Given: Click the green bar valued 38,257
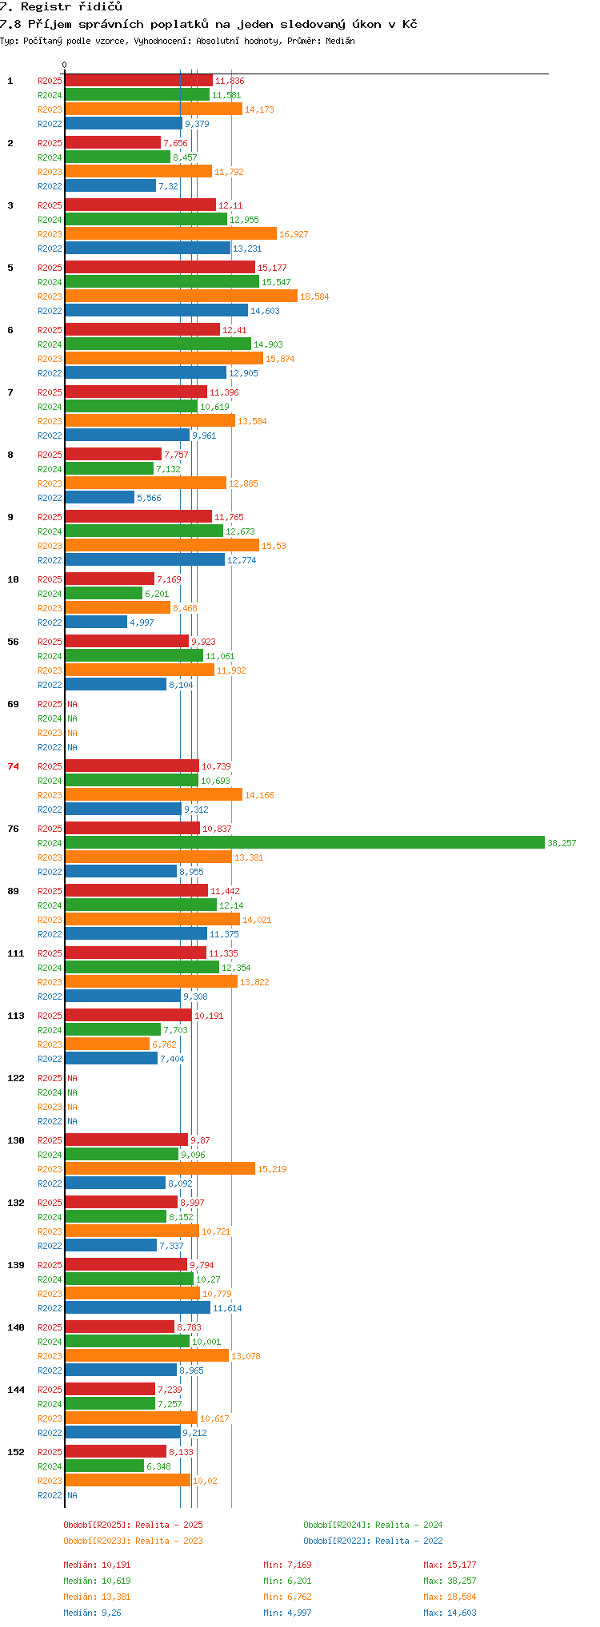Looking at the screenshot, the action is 305,842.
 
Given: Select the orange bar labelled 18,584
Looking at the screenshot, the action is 181,296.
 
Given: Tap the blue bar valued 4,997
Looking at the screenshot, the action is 96,622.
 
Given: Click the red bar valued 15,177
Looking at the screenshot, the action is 160,267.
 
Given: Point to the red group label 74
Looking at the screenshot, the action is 14,766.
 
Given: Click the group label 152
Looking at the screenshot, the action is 16,1452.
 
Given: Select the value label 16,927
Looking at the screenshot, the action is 294,234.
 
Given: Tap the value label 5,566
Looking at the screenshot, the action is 149,498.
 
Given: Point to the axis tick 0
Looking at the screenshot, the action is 65,66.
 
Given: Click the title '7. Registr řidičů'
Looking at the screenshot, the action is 61,7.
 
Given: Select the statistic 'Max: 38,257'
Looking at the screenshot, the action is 450,1581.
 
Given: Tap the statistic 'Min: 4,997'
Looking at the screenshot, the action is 287,1613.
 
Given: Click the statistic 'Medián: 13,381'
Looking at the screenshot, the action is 97,1597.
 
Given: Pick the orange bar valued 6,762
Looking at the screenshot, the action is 107,1044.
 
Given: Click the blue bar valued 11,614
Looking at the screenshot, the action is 138,1307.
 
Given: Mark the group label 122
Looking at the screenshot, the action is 16,1078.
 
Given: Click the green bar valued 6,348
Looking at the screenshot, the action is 104,1466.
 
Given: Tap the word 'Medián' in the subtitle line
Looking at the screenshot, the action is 340,41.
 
